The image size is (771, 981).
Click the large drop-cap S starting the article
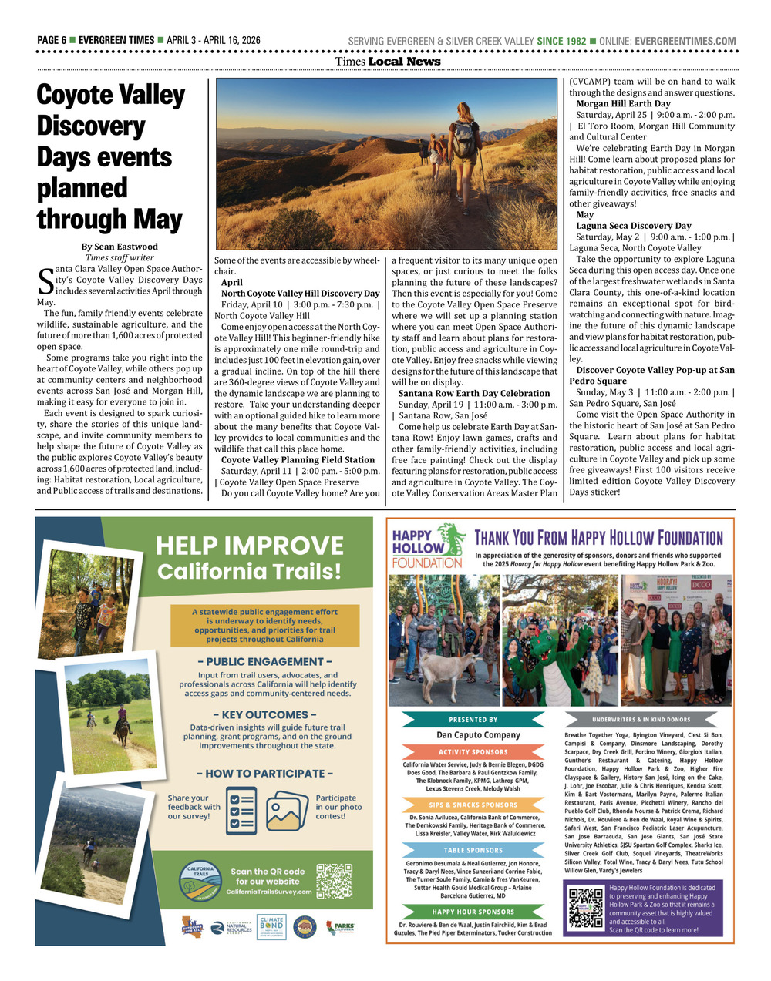coord(45,281)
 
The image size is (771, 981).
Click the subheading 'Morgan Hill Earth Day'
coord(623,103)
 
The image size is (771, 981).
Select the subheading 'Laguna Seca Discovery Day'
coord(633,226)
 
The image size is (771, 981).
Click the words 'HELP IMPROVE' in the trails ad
coord(249,546)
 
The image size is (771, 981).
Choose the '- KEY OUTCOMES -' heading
coord(264,714)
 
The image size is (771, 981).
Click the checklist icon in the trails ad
coord(242,810)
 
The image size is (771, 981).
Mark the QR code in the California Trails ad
coord(333,881)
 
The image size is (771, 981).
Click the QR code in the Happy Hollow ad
coord(585,908)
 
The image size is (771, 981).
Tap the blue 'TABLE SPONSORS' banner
coord(473,851)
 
